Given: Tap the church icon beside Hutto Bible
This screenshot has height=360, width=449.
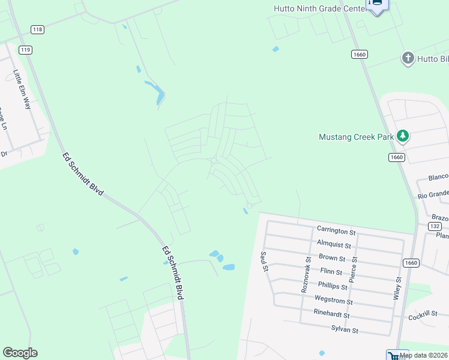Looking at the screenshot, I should (408, 58).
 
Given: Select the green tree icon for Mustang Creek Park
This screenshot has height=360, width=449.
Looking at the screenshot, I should (403, 136).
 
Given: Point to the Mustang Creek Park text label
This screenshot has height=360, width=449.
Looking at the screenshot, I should (356, 137).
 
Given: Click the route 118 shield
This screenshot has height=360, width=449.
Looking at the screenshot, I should (38, 29).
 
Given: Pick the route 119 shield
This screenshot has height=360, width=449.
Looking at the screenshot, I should (25, 50).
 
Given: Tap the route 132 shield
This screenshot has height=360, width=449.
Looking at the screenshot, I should (436, 226).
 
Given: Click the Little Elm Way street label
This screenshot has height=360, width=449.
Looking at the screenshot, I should (22, 89).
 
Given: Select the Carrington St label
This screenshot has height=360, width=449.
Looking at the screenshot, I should (336, 231).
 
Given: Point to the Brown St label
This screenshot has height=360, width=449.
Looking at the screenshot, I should (332, 258).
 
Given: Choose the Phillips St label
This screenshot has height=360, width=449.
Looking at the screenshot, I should (333, 286).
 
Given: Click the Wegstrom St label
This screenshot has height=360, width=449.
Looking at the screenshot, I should (333, 300).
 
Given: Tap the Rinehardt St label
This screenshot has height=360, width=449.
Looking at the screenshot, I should (331, 313).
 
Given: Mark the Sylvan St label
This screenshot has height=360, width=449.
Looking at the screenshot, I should (345, 329).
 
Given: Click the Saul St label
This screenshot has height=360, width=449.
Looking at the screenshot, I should (263, 262).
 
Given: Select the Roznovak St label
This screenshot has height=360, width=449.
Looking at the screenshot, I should (306, 275).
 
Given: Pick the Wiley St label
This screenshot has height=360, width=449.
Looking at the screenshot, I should (397, 287).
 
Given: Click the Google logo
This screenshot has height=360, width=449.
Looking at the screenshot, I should (20, 353).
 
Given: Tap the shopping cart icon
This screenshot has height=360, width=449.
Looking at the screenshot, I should (393, 355).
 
